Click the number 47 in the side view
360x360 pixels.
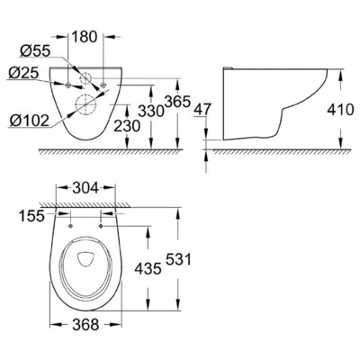[x=202, y=108]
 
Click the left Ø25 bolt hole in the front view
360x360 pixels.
[x=68, y=85]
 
